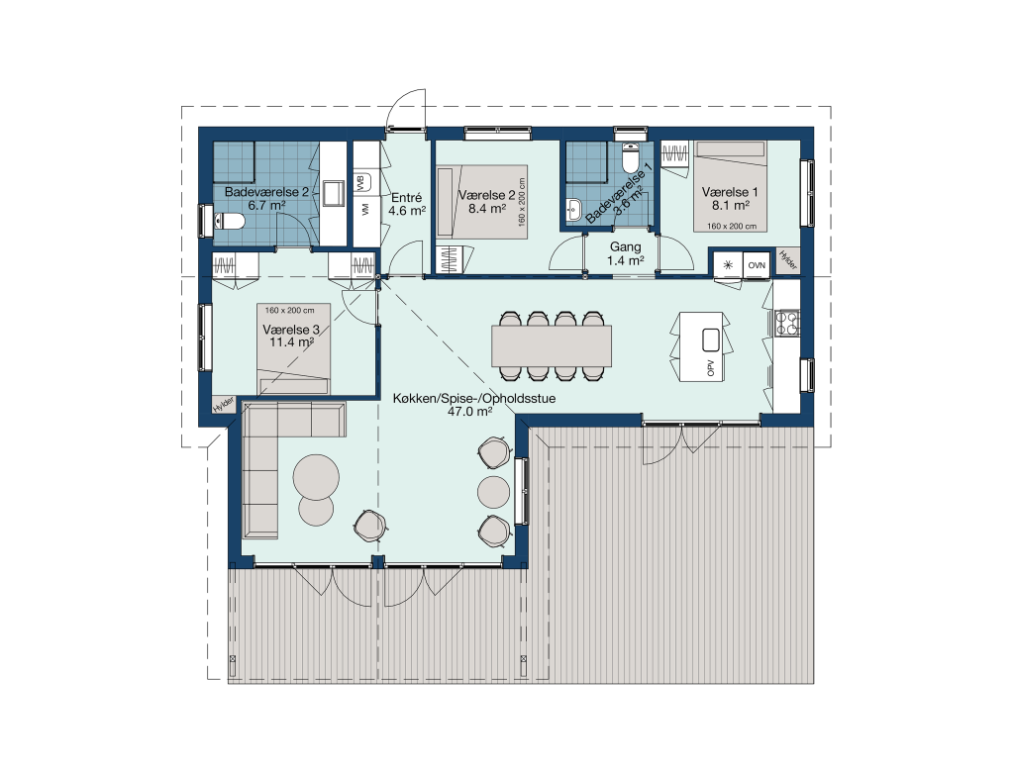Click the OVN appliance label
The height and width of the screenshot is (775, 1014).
757,265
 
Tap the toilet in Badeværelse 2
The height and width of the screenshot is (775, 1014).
229,222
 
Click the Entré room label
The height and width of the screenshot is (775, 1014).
407,198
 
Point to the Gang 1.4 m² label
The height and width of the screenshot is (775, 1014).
626,253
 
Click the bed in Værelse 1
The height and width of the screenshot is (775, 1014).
731,186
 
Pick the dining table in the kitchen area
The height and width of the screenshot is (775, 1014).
552,345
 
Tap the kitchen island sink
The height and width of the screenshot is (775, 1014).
711,339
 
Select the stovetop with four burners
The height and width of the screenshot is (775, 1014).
787,324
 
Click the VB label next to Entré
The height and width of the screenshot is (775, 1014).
361,182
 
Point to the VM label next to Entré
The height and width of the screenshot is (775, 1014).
364,210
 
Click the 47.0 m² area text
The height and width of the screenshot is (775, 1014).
470,411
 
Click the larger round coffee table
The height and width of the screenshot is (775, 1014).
316,477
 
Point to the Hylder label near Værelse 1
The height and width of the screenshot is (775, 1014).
787,260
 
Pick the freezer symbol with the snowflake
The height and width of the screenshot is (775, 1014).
728,265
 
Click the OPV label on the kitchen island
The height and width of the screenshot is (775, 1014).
711,368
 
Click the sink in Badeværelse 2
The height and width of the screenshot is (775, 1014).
335,193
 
